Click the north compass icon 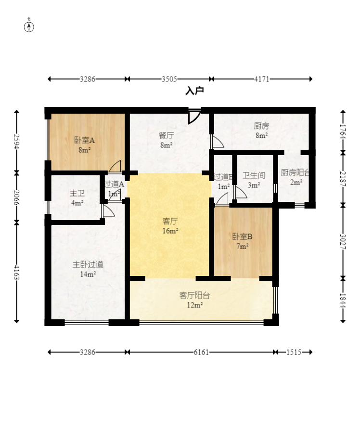(x=29, y=26)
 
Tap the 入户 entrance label (x=194, y=91)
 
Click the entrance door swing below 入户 (x=194, y=117)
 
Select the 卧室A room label (x=84, y=141)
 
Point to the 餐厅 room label (x=166, y=135)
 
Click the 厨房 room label (x=261, y=126)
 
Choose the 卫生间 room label (x=254, y=176)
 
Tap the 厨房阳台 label (x=295, y=172)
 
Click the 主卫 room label (x=77, y=193)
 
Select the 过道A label (x=114, y=184)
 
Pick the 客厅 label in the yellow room (x=170, y=221)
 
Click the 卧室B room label (x=242, y=236)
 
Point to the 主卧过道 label (x=88, y=264)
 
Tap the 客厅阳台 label (x=194, y=295)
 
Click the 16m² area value (x=170, y=231)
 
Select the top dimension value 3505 (x=169, y=79)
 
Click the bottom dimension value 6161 (x=201, y=352)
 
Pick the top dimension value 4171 (x=262, y=79)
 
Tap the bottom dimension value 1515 (x=293, y=352)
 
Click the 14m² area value (x=88, y=274)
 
